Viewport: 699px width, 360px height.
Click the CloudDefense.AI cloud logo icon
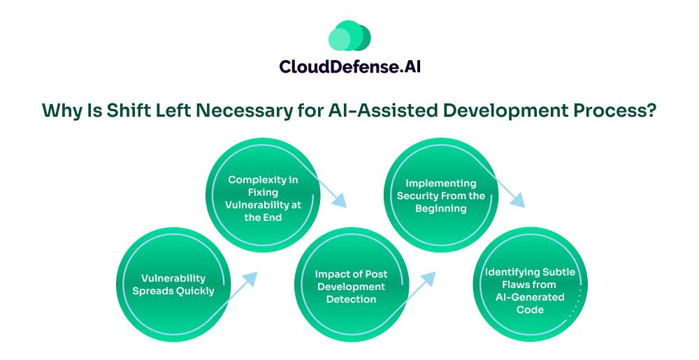tap(349, 35)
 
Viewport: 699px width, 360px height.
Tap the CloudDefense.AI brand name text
tap(350, 67)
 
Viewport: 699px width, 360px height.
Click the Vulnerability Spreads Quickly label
tap(173, 285)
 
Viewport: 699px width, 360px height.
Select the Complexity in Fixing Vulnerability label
tap(263, 199)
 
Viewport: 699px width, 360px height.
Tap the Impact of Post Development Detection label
tap(352, 287)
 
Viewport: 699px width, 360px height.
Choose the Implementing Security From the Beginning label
tap(441, 196)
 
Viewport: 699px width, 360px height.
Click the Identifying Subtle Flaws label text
tap(530, 291)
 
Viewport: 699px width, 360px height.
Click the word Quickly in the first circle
tap(196, 291)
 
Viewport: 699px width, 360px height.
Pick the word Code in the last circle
tap(530, 310)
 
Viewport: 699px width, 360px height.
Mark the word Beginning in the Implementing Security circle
tap(441, 208)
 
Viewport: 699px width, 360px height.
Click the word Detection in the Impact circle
tap(352, 299)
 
